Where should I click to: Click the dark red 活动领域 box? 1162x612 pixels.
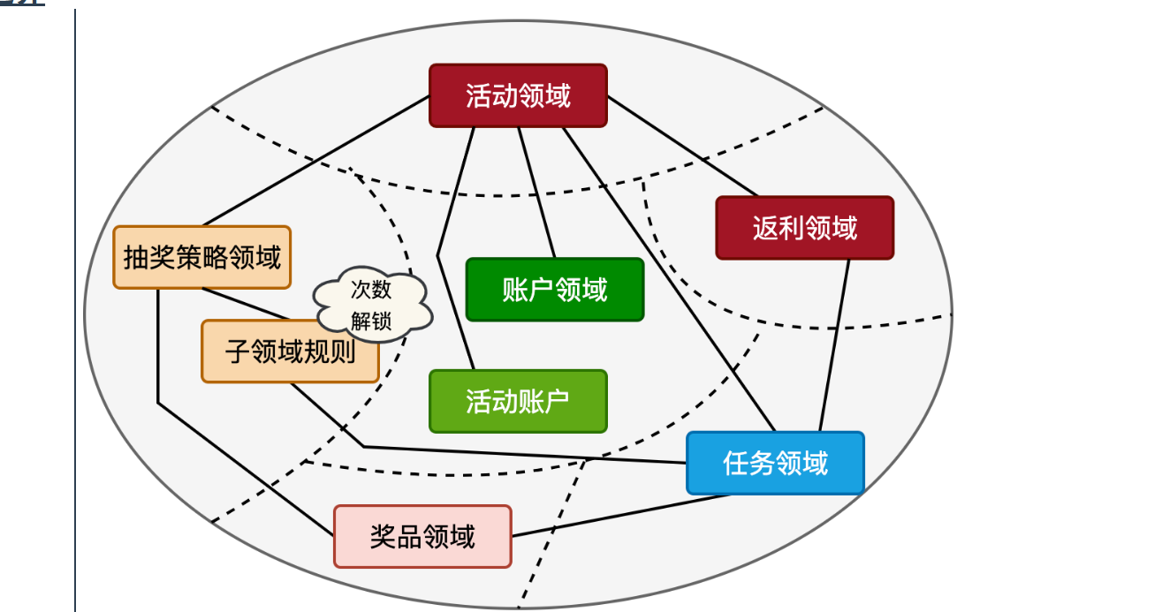(x=518, y=95)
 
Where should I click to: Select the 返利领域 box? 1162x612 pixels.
(x=804, y=228)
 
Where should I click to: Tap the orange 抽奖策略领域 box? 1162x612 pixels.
(x=201, y=257)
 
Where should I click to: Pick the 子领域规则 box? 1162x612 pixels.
(x=290, y=351)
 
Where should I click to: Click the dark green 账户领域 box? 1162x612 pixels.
(x=554, y=290)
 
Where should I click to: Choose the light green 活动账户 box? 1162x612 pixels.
(x=518, y=401)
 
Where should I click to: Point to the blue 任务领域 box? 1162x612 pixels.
(x=775, y=463)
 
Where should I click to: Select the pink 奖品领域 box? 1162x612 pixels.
(x=422, y=536)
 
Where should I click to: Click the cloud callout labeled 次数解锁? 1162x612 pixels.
(x=372, y=304)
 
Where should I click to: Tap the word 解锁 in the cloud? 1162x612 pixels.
(x=371, y=321)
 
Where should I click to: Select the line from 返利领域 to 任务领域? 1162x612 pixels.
(x=834, y=345)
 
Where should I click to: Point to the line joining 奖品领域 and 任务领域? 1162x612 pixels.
(x=619, y=516)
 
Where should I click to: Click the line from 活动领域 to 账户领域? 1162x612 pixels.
(x=536, y=193)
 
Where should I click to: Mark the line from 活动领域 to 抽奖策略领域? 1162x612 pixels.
(x=315, y=161)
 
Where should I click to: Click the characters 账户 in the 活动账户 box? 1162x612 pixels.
(x=543, y=401)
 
